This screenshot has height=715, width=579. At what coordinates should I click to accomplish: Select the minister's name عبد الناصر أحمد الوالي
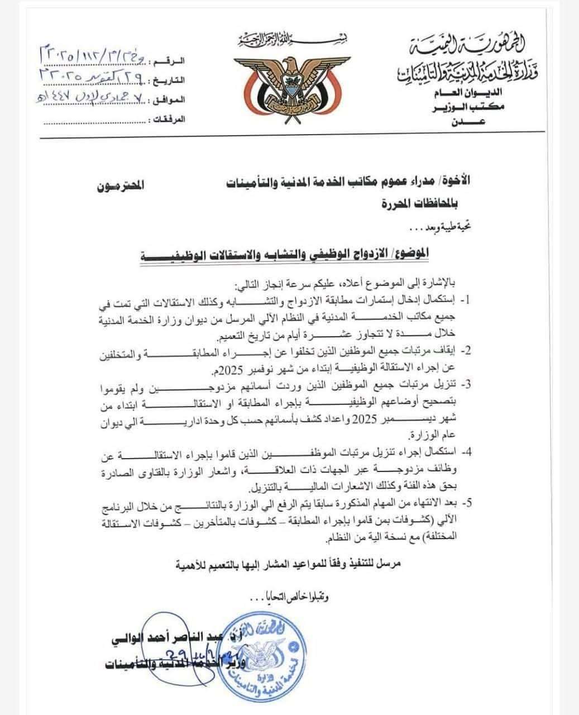pos(154,636)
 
